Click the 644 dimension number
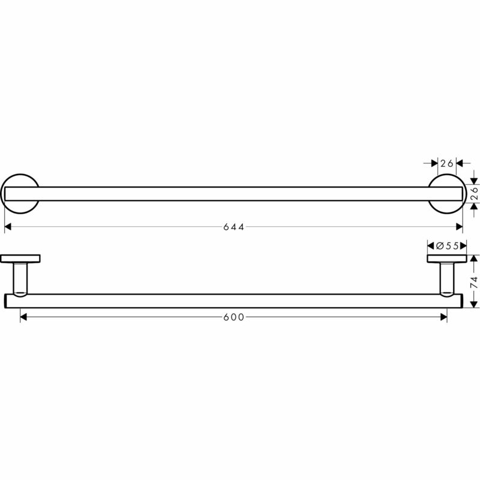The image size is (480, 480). (233, 227)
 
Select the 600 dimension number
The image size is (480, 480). (233, 317)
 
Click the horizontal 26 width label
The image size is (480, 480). (445, 163)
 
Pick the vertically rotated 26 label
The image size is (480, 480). (474, 193)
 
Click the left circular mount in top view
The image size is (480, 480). (21, 193)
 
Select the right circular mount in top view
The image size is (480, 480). (446, 193)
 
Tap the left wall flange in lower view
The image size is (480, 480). (21, 259)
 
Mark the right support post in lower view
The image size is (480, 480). (446, 278)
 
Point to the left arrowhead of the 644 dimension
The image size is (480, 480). (8, 227)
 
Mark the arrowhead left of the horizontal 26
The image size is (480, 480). (434, 163)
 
